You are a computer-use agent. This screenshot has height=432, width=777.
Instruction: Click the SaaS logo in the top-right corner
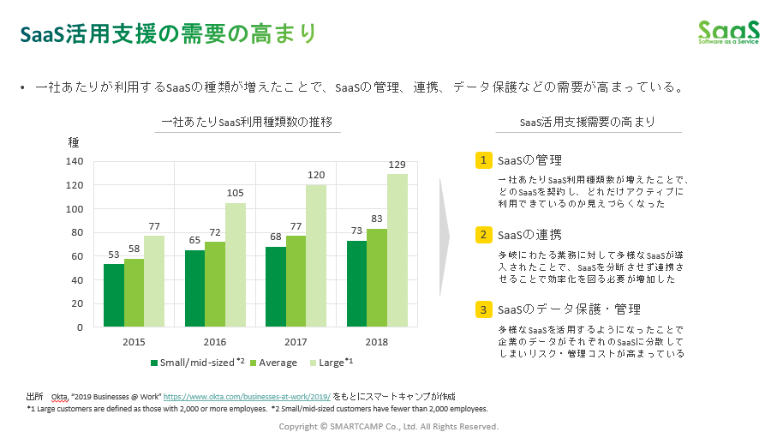[x=727, y=32]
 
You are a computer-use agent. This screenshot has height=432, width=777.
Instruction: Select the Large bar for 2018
[x=397, y=250]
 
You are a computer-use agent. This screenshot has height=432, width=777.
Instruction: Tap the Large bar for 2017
[x=316, y=255]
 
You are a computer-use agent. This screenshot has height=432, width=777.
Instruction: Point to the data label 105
[x=236, y=194]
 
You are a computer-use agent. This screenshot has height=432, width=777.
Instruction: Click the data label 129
[x=397, y=165]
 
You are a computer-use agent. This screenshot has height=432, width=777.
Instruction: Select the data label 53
[x=114, y=255]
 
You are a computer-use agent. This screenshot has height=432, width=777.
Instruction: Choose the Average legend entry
[x=273, y=363]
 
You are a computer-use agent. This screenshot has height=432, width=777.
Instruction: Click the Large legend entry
[x=335, y=363]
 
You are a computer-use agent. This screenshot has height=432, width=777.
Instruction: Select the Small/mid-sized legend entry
[x=198, y=363]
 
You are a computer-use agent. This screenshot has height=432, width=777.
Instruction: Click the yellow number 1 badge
[x=484, y=160]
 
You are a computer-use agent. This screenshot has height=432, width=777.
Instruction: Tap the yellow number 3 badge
[x=484, y=309]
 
